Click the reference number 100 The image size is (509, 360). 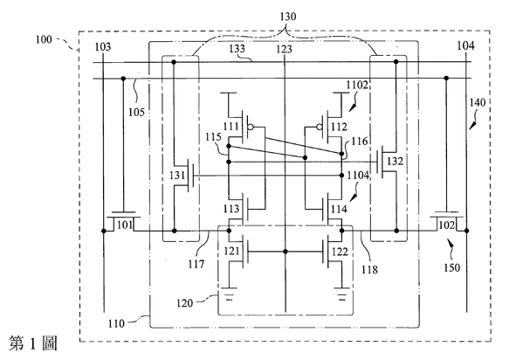pos(44,39)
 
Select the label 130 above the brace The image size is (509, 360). pos(288,17)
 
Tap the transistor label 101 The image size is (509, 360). pos(125,225)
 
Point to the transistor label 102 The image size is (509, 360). pos(447,225)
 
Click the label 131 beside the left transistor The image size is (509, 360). pos(177,176)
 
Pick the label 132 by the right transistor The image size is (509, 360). pos(395,161)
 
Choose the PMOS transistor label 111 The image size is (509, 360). pos(230,126)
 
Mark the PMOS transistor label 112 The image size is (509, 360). pos(340,127)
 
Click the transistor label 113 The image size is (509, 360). pos(230,209)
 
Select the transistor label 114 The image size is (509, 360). pos(340,209)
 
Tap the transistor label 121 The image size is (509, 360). pos(231,251)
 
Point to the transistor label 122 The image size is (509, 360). pos(340,252)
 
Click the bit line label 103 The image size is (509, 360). pos(102,47)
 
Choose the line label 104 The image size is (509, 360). pos(466,45)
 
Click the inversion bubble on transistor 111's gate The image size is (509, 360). pos(250,127)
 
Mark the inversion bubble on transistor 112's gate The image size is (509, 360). pos(320,127)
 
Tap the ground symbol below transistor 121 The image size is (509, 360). pos(229,294)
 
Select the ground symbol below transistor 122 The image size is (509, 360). pos(341,294)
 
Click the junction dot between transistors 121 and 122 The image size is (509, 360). pos(285,252)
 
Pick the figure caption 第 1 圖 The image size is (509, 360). pos(33,343)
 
